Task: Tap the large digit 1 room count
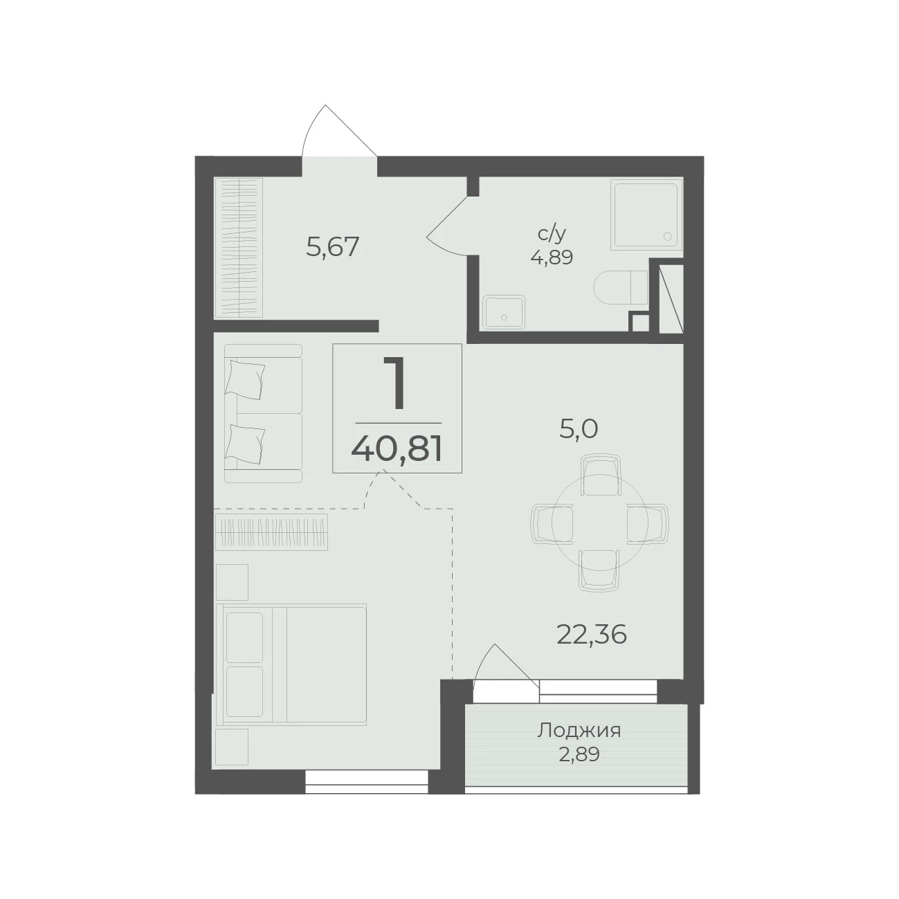point(396,383)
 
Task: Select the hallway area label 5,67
point(332,247)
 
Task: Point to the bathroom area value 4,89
point(552,257)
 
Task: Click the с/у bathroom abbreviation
point(552,233)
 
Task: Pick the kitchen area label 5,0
point(578,428)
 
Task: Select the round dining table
point(599,523)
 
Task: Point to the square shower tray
point(646,215)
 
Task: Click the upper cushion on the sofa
point(245,379)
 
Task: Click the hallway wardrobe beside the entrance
point(238,247)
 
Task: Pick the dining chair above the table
point(600,476)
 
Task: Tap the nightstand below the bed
point(232,747)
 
